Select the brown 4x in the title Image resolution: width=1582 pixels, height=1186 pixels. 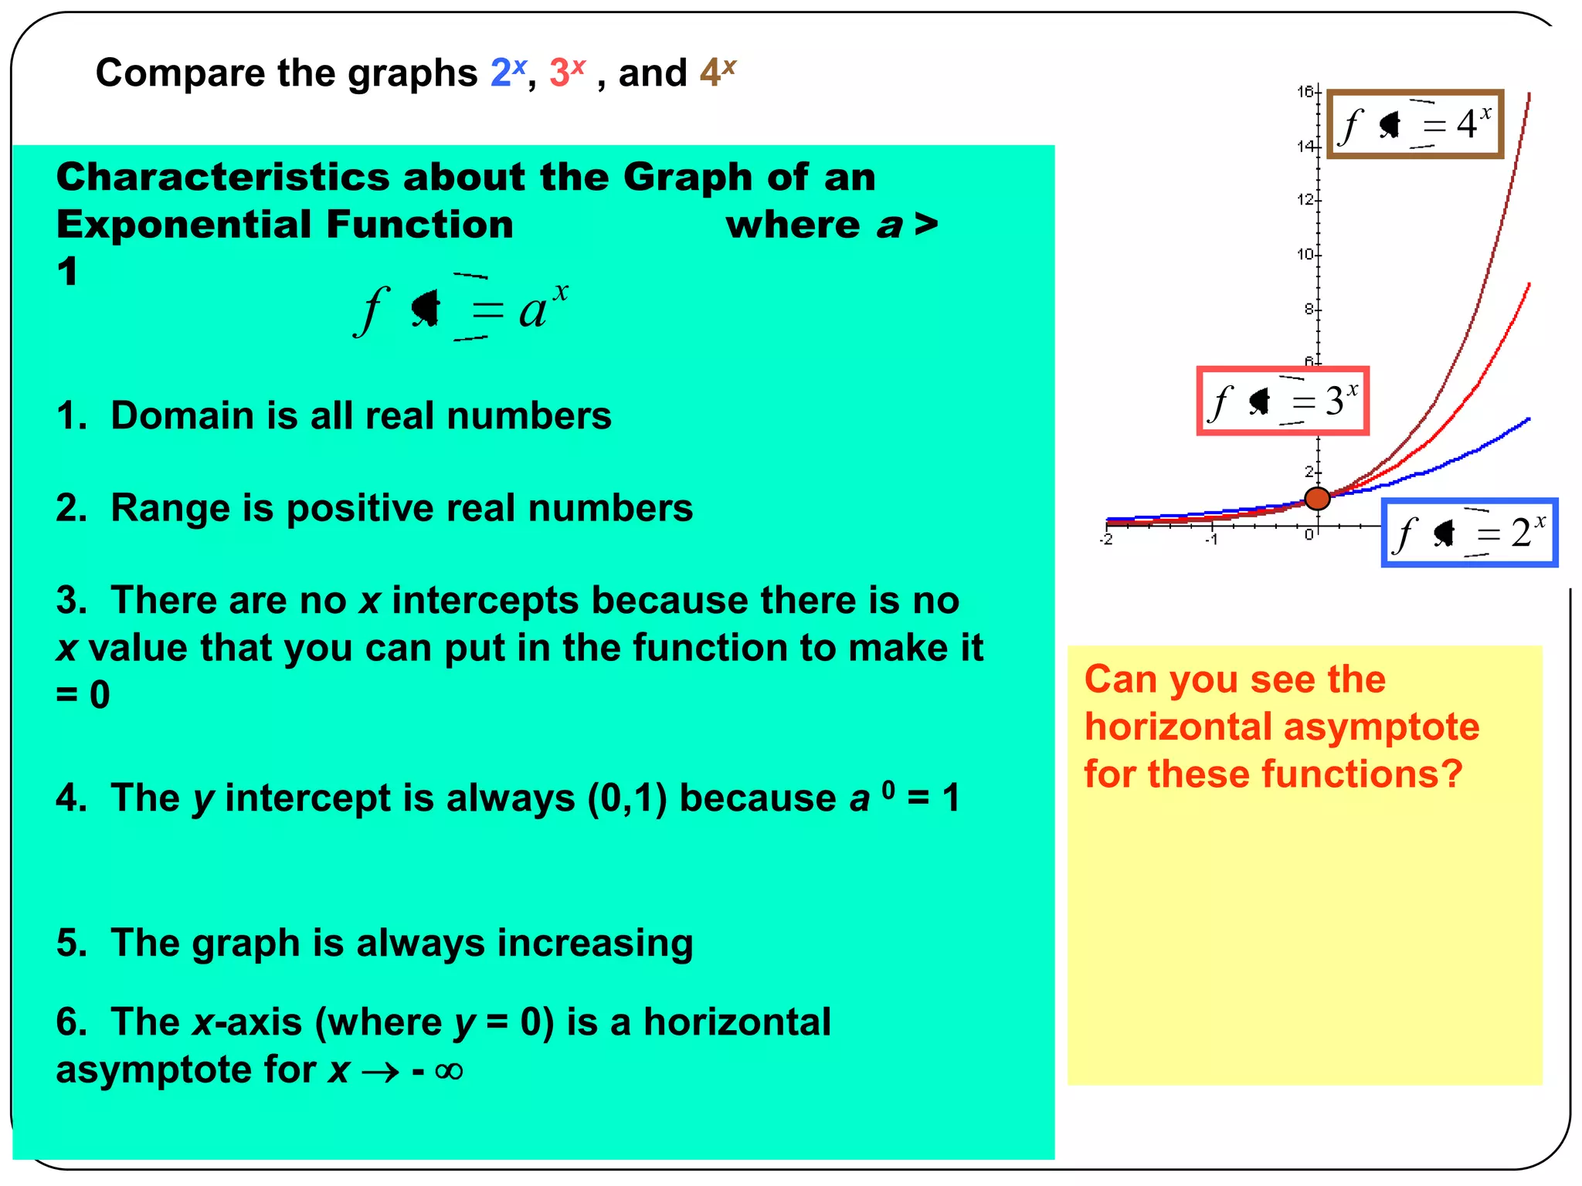click(x=718, y=73)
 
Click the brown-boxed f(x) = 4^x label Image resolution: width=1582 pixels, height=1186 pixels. click(x=1415, y=124)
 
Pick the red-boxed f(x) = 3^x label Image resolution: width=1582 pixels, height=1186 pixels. click(x=1283, y=401)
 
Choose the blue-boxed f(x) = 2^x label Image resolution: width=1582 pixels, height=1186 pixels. click(x=1469, y=533)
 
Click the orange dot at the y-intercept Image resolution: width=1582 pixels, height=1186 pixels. click(x=1317, y=499)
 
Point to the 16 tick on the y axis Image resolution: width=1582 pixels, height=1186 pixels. click(x=1305, y=92)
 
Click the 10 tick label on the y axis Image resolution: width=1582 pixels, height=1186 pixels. click(x=1305, y=254)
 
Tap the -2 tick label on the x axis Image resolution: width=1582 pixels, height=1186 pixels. click(x=1107, y=540)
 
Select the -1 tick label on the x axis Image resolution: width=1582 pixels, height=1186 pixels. click(x=1211, y=540)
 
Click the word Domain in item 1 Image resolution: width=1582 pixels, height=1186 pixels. click(x=183, y=415)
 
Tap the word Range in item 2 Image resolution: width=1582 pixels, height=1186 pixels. click(x=171, y=508)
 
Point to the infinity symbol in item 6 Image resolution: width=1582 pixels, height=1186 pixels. click(x=449, y=1071)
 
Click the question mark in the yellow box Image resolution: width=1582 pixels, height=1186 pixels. click(x=1451, y=774)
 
